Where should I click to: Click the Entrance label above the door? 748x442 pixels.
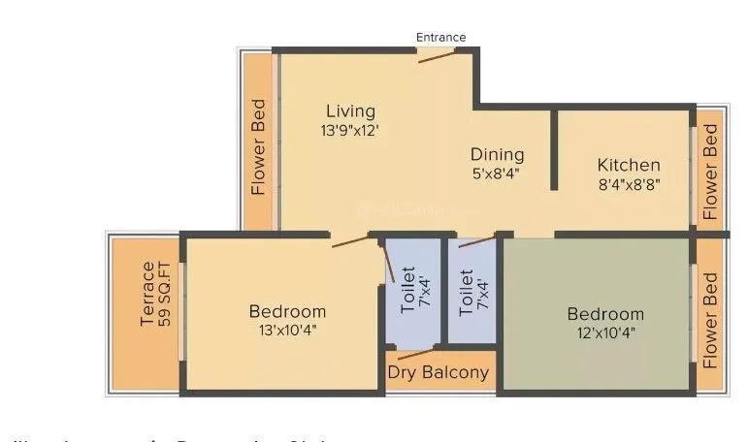pos(440,38)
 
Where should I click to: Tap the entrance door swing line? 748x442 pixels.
pos(438,56)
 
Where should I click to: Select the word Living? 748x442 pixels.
pos(350,110)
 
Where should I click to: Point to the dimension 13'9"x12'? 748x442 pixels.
pos(350,130)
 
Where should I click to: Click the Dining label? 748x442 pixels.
pos(497,154)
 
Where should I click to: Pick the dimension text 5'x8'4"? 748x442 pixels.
pos(497,174)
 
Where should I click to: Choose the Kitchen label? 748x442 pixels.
pos(629,165)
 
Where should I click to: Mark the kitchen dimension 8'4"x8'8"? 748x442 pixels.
pos(629,184)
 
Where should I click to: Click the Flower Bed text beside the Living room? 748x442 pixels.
pos(259,147)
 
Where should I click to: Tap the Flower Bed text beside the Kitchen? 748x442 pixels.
pos(711,171)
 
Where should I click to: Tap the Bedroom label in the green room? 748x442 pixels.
pos(605,314)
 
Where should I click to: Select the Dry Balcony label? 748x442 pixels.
pos(439,372)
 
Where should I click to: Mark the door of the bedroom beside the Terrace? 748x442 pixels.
pos(350,239)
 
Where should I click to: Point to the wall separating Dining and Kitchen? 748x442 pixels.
pos(554,150)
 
